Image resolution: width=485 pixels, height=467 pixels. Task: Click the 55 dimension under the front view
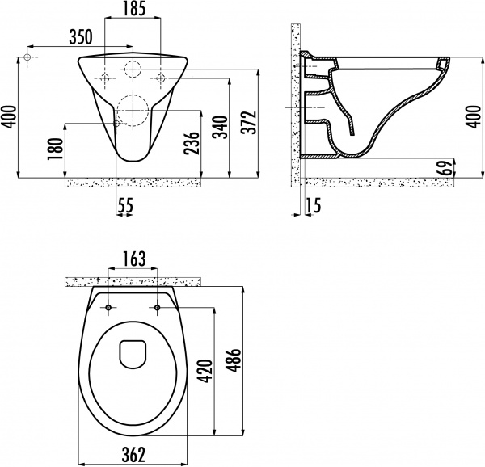tap(124, 207)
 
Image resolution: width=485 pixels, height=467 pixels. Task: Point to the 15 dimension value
tap(314, 207)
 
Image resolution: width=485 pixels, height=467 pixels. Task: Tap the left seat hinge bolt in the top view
tap(108, 308)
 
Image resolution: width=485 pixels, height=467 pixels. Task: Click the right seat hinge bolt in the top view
tap(156, 308)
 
